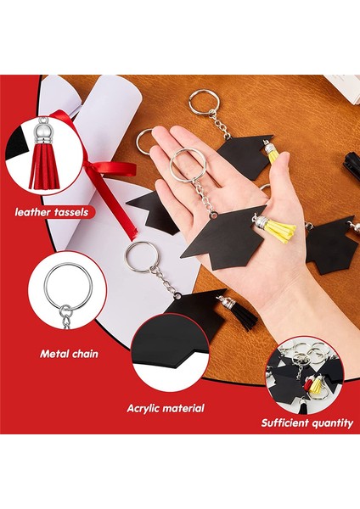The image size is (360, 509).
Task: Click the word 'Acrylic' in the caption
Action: pyautogui.click(x=146, y=408)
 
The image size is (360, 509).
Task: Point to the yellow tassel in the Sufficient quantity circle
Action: pyautogui.click(x=316, y=387)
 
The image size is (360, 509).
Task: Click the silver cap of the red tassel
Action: pyautogui.click(x=41, y=135)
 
